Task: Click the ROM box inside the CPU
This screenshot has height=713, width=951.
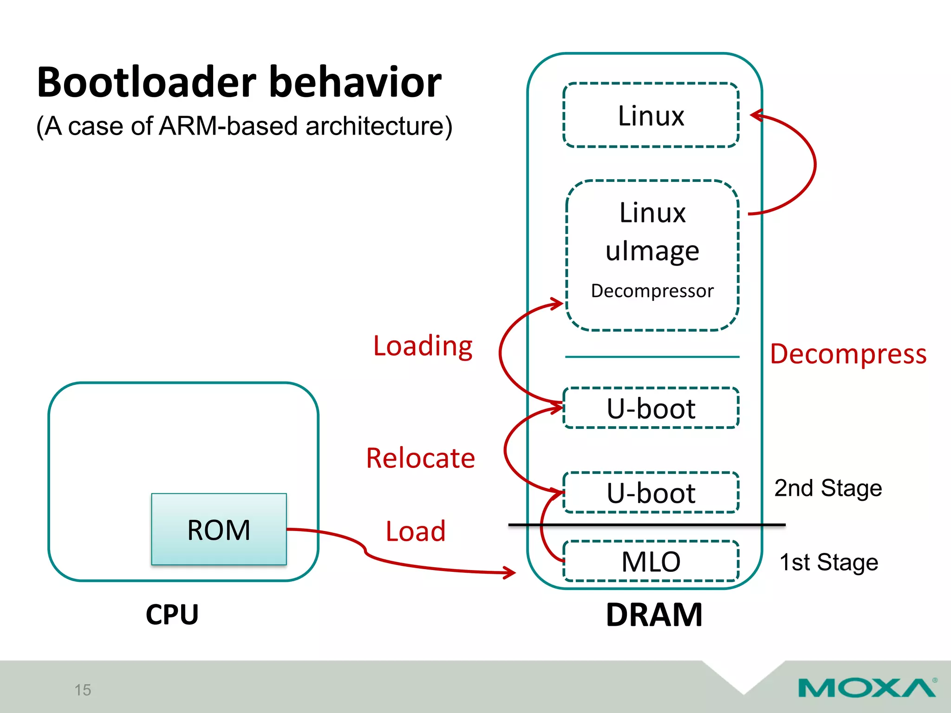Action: coord(219,529)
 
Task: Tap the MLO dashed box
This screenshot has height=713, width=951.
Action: coord(651,561)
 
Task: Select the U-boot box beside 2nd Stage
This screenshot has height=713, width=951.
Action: coord(651,493)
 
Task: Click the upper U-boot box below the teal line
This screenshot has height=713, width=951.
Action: coord(651,408)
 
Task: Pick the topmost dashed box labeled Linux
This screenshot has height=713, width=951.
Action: coord(651,115)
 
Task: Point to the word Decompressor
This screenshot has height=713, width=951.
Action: coord(652,291)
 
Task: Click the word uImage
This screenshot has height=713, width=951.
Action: coord(652,251)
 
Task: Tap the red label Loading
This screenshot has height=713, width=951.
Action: coord(423,346)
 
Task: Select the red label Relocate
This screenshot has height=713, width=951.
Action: coord(420,458)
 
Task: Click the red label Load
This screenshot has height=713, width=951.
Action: coord(416,531)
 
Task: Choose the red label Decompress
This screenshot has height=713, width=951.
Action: coord(848,354)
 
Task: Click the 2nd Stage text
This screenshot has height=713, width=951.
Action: coord(828,488)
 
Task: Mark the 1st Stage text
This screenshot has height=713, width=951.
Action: coord(828,562)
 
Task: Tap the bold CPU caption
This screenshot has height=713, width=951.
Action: coord(172,615)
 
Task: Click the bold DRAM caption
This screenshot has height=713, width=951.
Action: coord(654,615)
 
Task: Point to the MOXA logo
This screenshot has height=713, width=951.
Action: coord(866,687)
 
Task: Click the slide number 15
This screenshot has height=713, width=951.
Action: coord(83,690)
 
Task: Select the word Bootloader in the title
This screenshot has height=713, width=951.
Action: coord(146,83)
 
